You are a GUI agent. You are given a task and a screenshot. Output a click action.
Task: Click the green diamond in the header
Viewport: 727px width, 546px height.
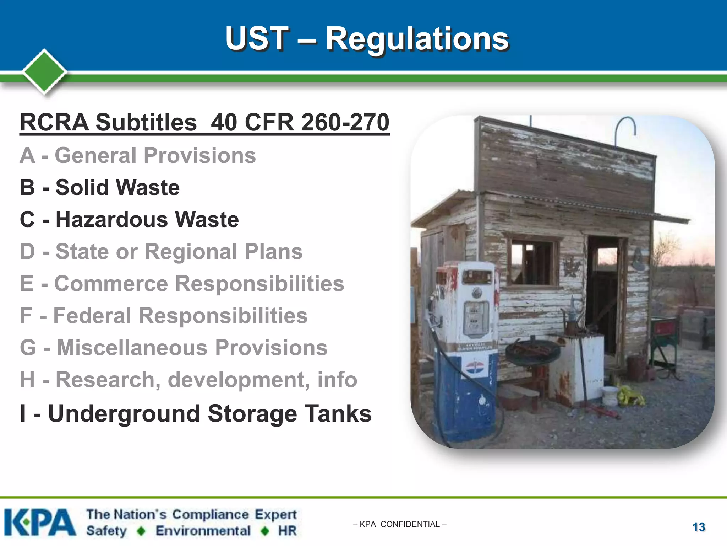coord(44,71)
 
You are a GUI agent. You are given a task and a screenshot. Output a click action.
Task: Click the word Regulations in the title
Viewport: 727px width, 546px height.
coord(417,39)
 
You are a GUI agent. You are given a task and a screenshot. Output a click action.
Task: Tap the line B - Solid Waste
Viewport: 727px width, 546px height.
coord(100,187)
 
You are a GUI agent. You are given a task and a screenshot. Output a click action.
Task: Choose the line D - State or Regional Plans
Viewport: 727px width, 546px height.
coord(161,252)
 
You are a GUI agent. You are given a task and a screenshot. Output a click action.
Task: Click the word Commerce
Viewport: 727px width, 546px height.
coord(111,284)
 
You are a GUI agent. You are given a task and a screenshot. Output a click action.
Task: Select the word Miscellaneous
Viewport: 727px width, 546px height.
coord(132,348)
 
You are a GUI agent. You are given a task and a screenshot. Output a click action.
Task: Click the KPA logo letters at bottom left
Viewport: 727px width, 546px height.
coord(40,522)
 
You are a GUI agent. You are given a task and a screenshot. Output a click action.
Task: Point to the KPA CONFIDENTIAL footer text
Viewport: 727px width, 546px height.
coord(400,524)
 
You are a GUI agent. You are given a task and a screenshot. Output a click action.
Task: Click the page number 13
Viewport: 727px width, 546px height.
coord(699,527)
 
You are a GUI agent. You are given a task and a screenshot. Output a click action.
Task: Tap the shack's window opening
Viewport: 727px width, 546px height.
coord(531,261)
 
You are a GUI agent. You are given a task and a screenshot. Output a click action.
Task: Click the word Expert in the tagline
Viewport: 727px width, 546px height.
coord(275,514)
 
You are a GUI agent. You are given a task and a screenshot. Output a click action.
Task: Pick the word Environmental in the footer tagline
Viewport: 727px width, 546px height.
coord(203,531)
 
